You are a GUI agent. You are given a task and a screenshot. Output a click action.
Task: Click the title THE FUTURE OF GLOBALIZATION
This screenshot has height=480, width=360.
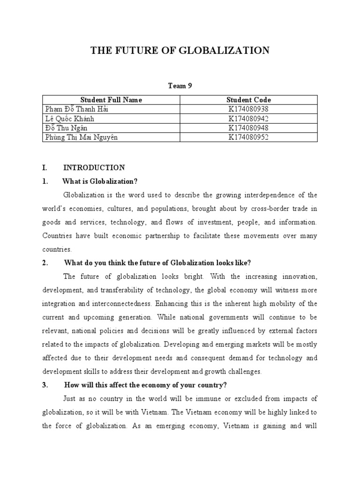tap(180, 51)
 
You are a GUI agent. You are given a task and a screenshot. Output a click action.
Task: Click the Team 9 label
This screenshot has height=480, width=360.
tap(180, 85)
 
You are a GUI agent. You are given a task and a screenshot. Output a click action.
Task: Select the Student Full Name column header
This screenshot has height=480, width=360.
tap(111, 100)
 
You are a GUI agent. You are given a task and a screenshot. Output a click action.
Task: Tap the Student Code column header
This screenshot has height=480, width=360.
tap(248, 100)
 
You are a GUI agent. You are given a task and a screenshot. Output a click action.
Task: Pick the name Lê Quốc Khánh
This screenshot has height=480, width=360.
tap(69, 119)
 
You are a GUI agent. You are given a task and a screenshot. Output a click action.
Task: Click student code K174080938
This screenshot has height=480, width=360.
tap(248, 109)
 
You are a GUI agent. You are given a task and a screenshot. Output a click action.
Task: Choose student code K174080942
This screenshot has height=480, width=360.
tap(248, 119)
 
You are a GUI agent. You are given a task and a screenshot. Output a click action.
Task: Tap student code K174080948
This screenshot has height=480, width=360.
tap(248, 127)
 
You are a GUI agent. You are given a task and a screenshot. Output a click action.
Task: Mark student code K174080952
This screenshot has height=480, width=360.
tap(248, 137)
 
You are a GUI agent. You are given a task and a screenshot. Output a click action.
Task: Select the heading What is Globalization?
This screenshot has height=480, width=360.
tap(100, 181)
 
